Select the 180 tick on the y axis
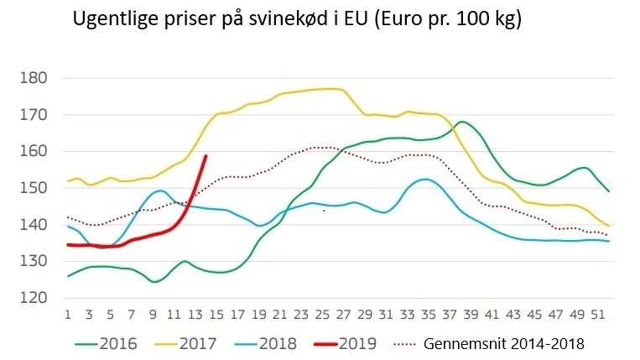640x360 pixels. click(x=34, y=77)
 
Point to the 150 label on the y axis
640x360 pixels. click(x=34, y=188)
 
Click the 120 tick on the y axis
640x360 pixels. click(x=34, y=298)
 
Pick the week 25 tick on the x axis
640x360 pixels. click(x=322, y=315)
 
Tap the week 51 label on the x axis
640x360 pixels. click(x=598, y=315)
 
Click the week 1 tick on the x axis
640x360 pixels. click(x=68, y=315)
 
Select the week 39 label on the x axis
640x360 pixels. click(x=471, y=315)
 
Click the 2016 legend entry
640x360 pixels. click(x=107, y=344)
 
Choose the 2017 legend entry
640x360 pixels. click(x=185, y=344)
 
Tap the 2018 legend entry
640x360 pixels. click(x=266, y=344)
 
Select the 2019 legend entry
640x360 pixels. click(x=346, y=344)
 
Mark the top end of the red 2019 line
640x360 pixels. click(x=206, y=156)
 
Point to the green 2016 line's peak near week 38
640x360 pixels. click(x=461, y=122)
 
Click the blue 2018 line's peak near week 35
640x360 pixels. click(x=425, y=180)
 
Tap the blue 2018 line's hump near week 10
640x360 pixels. click(x=160, y=190)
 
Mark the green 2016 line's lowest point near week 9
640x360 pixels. click(x=153, y=282)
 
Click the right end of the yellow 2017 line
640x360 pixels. click(x=609, y=225)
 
